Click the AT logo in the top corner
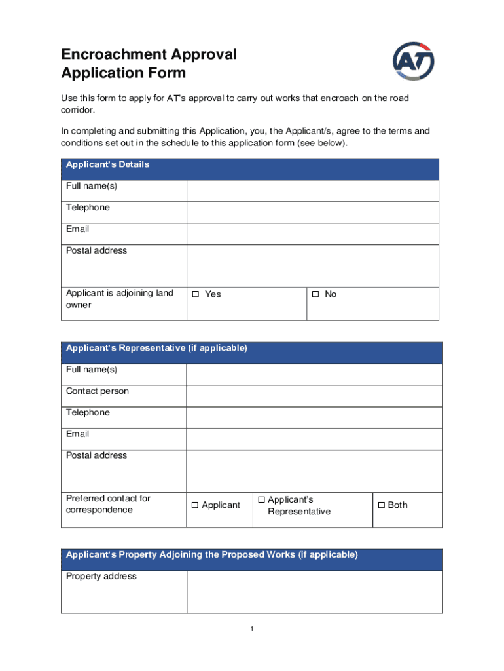413,62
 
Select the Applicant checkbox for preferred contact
195,505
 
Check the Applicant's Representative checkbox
261,500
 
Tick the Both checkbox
381,505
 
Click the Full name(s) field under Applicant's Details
312,191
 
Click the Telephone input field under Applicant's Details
312,212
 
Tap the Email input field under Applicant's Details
312,234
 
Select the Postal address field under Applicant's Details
312,266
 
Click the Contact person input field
314,396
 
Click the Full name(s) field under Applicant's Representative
314,374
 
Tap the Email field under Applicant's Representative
314,439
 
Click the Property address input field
314,592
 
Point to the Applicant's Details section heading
107,165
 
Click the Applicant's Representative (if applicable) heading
156,349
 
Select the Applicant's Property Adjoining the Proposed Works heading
211,555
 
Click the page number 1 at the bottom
252,630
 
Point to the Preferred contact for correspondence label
108,505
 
